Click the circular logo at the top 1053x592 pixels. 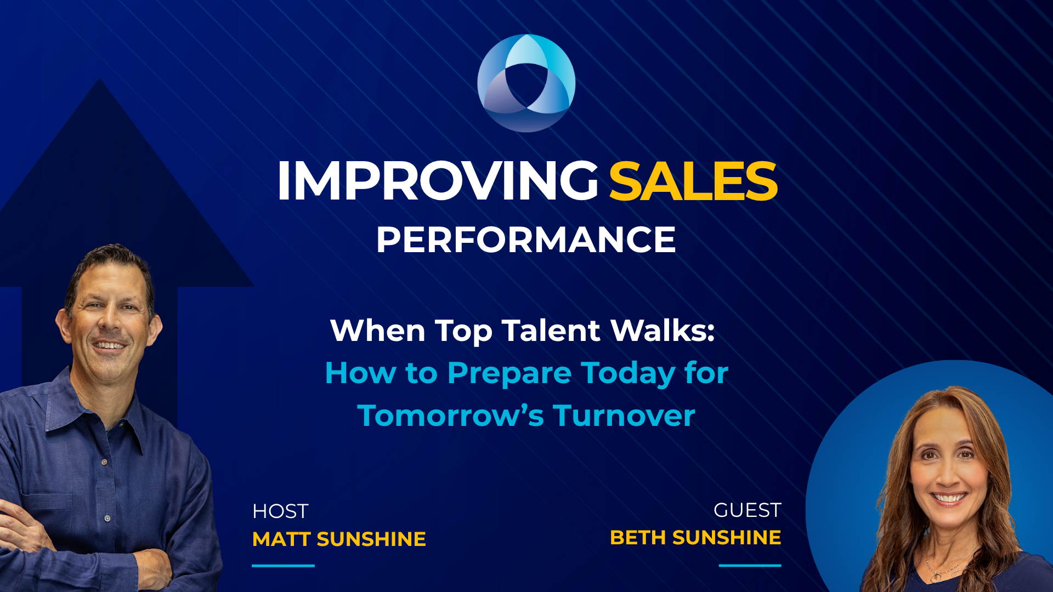(x=526, y=83)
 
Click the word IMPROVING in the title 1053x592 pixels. (x=438, y=181)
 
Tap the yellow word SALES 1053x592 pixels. (x=693, y=181)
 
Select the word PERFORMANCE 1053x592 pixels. (x=526, y=240)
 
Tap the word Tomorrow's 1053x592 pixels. (x=450, y=415)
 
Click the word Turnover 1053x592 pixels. (x=624, y=415)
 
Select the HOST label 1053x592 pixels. (x=280, y=511)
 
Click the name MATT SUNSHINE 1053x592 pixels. (x=339, y=539)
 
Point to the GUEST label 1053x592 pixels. (x=747, y=510)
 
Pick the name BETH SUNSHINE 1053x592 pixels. (x=695, y=538)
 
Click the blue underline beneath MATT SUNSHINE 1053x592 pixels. (x=283, y=566)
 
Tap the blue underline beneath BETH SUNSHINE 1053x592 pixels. (x=750, y=565)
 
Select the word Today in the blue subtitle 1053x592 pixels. (x=628, y=373)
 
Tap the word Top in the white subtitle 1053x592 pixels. (x=463, y=331)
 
